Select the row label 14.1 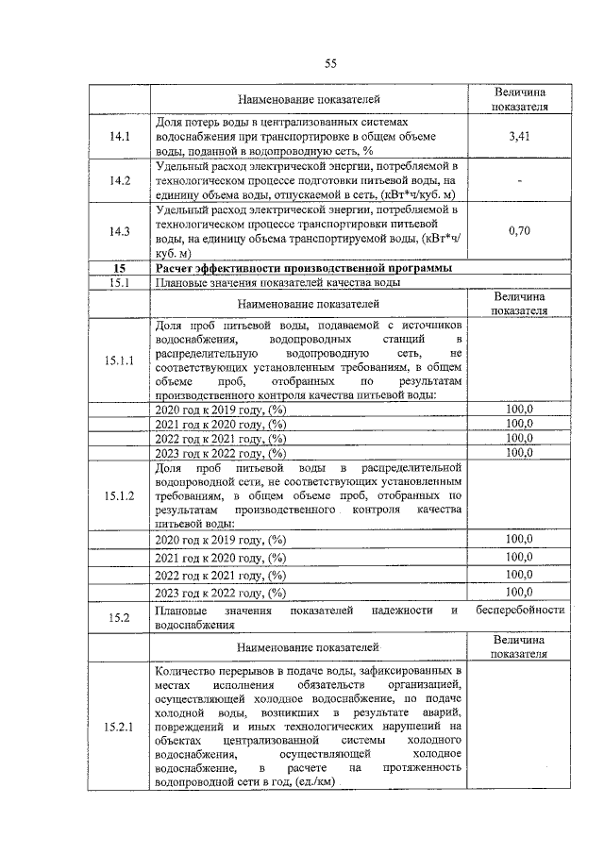pyautogui.click(x=119, y=137)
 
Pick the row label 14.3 pyautogui.click(x=119, y=230)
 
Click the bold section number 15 pyautogui.click(x=119, y=268)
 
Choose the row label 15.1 pyautogui.click(x=119, y=282)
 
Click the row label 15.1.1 pyautogui.click(x=119, y=360)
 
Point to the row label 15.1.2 pyautogui.click(x=119, y=494)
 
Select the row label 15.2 pyautogui.click(x=119, y=617)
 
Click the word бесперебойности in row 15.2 pyautogui.click(x=521, y=610)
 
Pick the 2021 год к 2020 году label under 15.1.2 pyautogui.click(x=220, y=558)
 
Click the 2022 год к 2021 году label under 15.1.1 pyautogui.click(x=220, y=439)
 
